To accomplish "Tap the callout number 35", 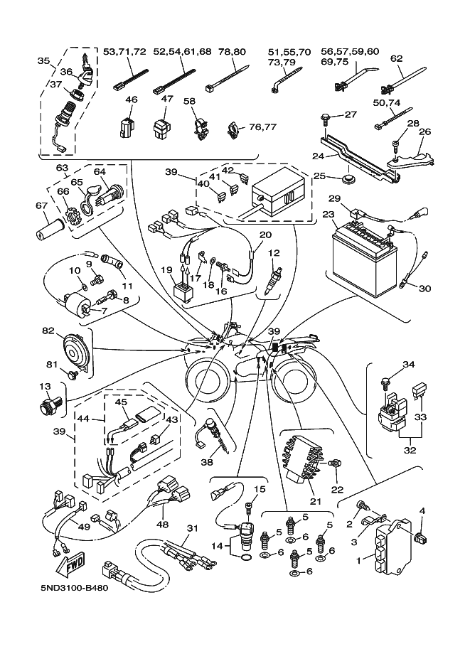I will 43,61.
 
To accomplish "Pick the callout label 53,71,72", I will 124,52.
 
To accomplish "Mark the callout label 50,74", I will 387,103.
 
